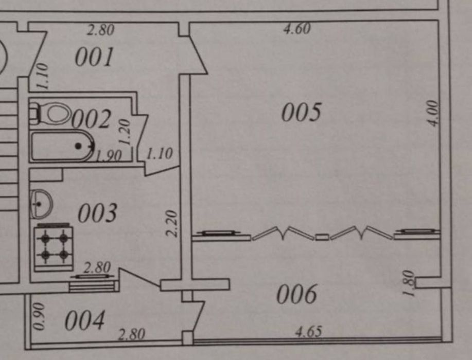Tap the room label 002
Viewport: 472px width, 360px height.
91,119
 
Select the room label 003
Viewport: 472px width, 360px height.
97,213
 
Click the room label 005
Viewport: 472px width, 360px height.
302,113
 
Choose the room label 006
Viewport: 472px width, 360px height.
296,295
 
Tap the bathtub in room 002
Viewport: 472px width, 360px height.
62,146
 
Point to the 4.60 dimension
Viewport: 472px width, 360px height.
297,29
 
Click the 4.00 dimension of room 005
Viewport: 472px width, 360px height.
434,113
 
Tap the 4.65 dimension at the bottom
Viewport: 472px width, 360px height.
308,332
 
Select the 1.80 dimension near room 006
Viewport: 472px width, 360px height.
408,284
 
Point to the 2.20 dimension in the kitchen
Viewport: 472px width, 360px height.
172,223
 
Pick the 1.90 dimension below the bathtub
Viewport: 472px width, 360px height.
109,156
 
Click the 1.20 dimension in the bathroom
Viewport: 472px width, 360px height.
124,133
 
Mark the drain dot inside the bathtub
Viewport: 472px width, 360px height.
78,147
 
